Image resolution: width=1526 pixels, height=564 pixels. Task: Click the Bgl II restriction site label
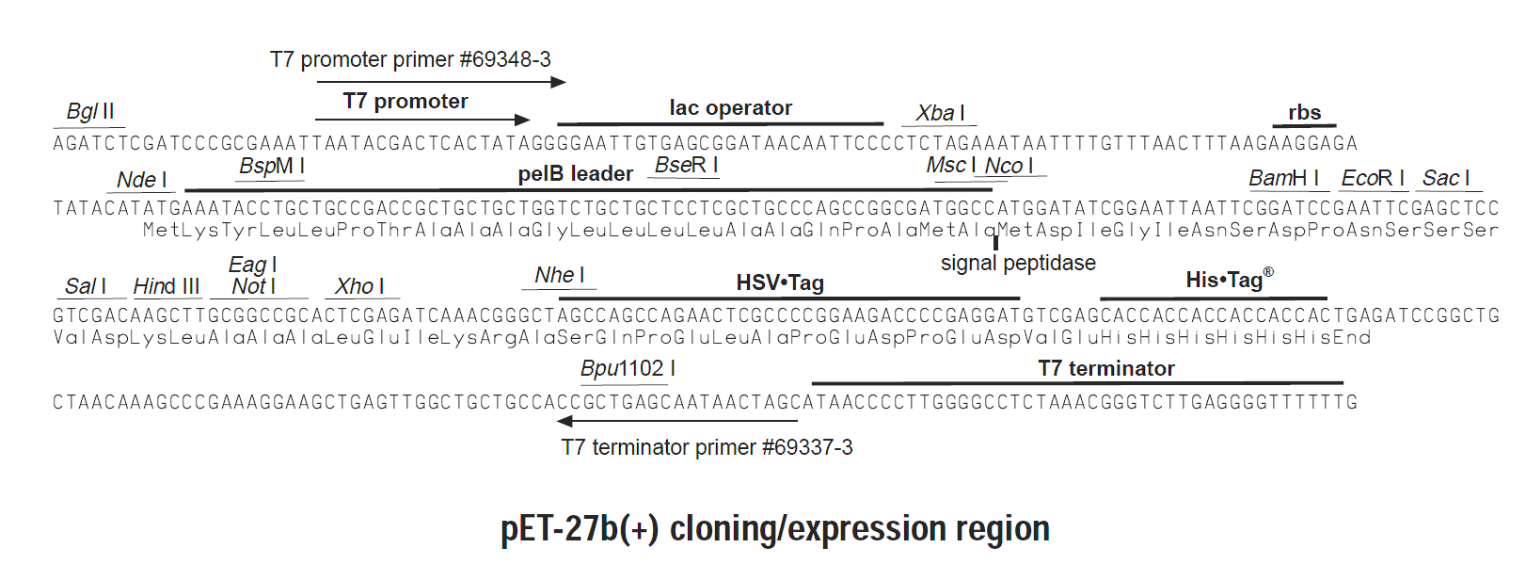tap(90, 111)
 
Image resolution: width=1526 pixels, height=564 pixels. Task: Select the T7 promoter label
tap(405, 102)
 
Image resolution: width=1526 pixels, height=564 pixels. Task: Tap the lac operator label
tap(730, 108)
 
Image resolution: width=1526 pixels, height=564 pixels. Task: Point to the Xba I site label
tap(941, 113)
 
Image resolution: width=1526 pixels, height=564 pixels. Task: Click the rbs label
tap(1304, 113)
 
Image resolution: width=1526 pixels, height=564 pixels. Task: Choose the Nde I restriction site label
tap(142, 180)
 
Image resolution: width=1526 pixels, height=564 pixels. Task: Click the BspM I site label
tap(272, 167)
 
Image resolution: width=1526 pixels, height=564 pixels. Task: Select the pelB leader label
tap(575, 174)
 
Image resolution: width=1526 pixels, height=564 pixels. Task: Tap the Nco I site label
tap(1009, 167)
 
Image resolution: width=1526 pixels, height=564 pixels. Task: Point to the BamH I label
tap(1283, 178)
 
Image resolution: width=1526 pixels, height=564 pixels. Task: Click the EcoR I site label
tap(1373, 178)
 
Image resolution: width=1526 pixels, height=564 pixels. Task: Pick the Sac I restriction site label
tap(1446, 178)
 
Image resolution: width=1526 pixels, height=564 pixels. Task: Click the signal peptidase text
tap(1018, 264)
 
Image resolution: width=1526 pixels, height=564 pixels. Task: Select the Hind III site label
tap(167, 286)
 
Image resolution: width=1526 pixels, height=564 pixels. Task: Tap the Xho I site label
tap(359, 286)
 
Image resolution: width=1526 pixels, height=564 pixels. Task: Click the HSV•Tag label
tap(780, 282)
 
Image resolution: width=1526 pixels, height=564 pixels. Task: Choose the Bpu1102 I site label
tap(628, 369)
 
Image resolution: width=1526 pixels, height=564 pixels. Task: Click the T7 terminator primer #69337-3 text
tap(707, 447)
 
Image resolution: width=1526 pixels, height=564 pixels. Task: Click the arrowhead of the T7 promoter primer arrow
tap(559, 82)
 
